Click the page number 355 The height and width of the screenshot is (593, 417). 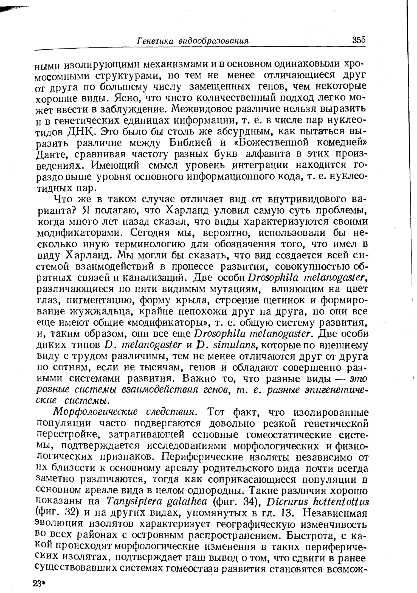click(359, 40)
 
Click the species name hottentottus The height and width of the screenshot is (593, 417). click(340, 501)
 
